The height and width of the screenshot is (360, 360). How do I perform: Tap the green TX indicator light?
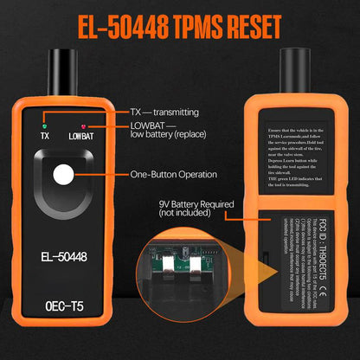click(43, 123)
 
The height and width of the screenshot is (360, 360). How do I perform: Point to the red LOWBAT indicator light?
click(80, 123)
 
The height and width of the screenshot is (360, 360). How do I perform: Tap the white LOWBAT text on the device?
click(81, 135)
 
